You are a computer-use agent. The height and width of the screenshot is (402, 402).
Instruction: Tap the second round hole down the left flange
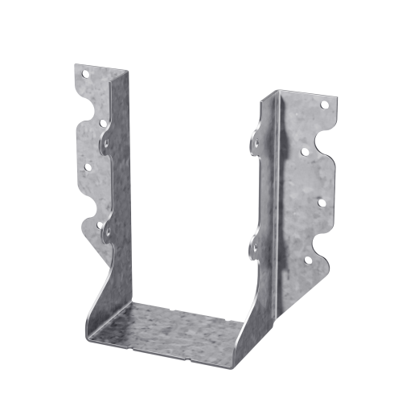coord(103,122)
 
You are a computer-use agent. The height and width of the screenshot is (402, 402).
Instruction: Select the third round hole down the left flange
coord(87,169)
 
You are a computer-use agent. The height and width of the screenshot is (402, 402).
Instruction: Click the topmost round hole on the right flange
coord(325,105)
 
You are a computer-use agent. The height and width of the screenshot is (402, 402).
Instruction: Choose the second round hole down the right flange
coord(306,150)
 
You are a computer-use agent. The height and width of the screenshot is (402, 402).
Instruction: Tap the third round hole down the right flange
coord(322,202)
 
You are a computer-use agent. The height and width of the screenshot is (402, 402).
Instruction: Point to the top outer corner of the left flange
coord(75,65)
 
